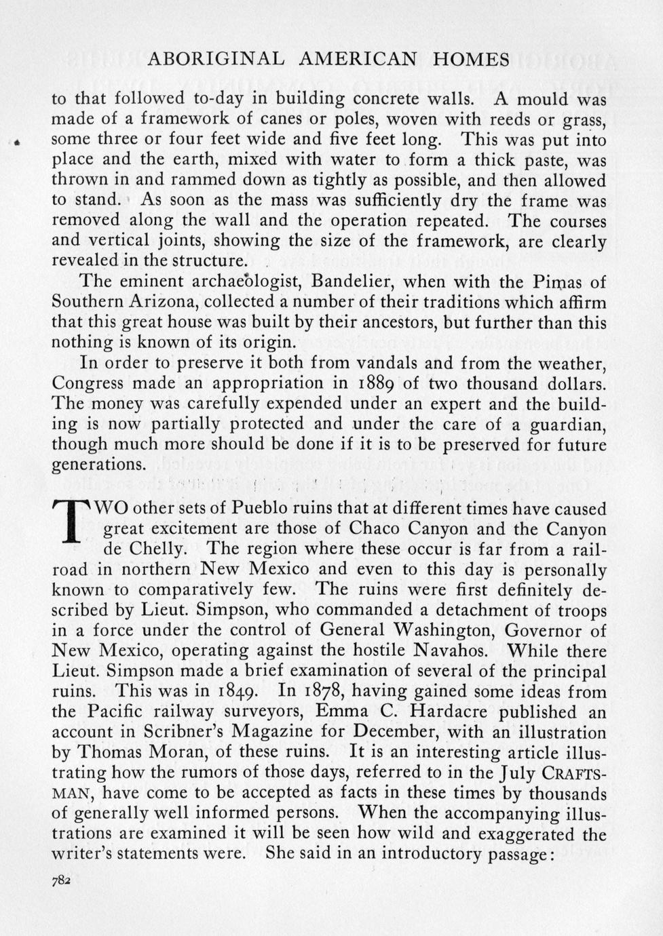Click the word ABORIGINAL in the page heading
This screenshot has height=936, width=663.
[216, 60]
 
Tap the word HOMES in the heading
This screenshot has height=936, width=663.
[471, 60]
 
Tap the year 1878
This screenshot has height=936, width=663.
[325, 692]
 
